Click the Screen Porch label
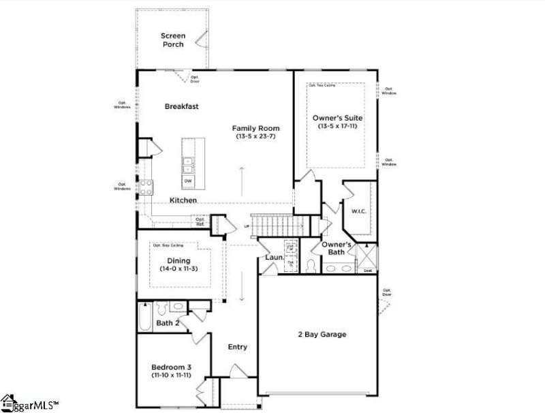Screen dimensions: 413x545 tap(172, 40)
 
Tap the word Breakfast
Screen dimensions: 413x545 tap(181, 106)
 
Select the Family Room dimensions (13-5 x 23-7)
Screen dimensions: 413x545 tap(255, 137)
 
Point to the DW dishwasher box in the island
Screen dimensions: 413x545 tap(187, 181)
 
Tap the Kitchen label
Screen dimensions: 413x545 tap(183, 200)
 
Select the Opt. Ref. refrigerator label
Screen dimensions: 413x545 tap(200, 221)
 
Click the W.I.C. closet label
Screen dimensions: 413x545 tap(359, 211)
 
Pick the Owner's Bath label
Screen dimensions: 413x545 tap(337, 249)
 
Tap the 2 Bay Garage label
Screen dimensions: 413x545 tap(322, 335)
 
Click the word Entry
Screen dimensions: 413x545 tap(237, 347)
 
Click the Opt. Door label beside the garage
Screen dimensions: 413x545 tap(388, 292)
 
